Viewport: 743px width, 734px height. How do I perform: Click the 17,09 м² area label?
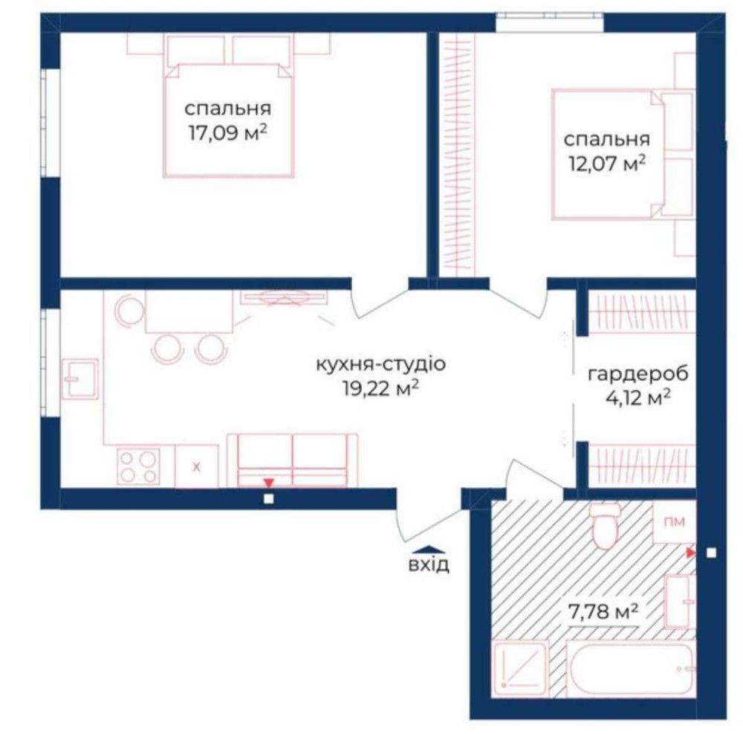228,132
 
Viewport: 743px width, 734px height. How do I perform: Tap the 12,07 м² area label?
607,164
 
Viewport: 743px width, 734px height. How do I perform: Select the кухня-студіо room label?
381,364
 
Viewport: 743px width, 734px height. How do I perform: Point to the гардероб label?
637,374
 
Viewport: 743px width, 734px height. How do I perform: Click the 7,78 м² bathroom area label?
603,611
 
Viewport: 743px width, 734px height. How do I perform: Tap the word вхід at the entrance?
429,564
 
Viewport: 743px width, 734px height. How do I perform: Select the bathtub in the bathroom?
631,669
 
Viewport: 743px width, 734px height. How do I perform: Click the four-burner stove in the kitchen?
138,466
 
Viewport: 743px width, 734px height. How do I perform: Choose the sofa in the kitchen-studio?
292,460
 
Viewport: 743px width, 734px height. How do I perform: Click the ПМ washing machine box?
675,521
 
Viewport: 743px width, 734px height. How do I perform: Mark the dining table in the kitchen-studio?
189,312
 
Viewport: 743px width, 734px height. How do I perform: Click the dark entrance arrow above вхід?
429,550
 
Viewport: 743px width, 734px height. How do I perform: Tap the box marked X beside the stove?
197,466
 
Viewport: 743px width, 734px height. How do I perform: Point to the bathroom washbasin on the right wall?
680,602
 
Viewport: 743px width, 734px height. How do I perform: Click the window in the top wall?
550,22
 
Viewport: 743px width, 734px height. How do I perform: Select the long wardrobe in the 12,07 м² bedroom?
457,155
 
